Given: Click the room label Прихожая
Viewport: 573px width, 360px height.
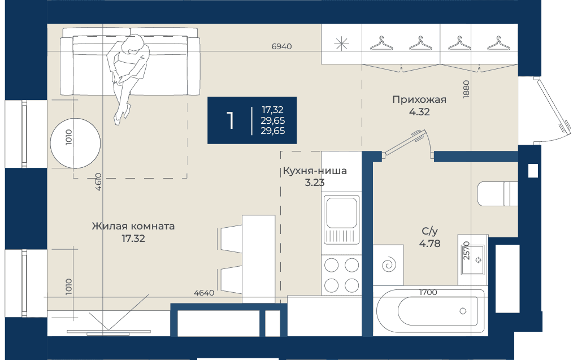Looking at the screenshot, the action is (419, 99).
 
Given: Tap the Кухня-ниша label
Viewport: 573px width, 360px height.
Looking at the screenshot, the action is (315, 171).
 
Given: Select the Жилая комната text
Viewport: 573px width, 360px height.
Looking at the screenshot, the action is (133, 226).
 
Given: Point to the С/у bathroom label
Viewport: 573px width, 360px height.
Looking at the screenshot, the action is (429, 231).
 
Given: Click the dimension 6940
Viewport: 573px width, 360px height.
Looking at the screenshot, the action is (282, 46).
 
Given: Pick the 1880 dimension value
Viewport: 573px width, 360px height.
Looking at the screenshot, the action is (466, 89).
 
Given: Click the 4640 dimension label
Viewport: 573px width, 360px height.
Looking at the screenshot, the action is (204, 293).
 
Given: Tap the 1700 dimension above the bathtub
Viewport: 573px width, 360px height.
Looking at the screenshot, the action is (428, 292).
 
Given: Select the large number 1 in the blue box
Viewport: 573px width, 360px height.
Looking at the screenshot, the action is (230, 120).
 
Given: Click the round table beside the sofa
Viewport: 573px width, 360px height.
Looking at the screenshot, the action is (75, 143).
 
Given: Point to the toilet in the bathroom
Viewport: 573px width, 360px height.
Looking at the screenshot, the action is (497, 194).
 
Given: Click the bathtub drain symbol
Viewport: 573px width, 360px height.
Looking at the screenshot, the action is (463, 311).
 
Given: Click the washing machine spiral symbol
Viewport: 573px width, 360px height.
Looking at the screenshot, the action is (388, 264).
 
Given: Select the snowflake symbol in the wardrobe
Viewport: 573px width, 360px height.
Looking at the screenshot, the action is (341, 44).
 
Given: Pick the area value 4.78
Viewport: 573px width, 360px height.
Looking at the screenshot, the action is (429, 244).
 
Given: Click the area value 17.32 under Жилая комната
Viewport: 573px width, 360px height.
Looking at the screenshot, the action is (133, 238).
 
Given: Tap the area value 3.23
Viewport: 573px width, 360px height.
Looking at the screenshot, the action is (315, 183).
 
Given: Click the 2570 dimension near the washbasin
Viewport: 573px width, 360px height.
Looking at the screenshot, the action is (466, 250).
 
